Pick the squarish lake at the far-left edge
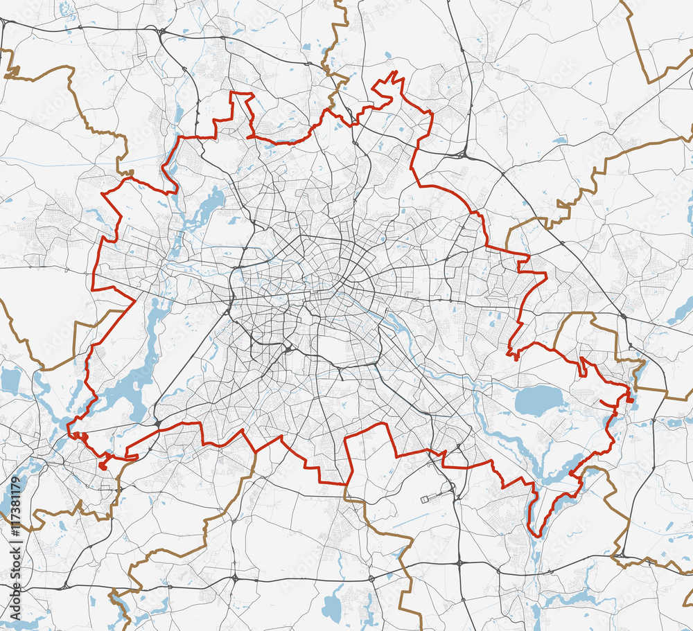[10, 380]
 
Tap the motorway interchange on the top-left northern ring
[161, 30]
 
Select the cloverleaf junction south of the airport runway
[459, 562]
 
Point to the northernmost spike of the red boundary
[394, 72]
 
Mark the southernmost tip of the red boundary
[538, 535]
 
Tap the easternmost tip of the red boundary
[632, 398]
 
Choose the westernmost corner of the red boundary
[92, 287]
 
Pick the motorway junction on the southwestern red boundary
[157, 423]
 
